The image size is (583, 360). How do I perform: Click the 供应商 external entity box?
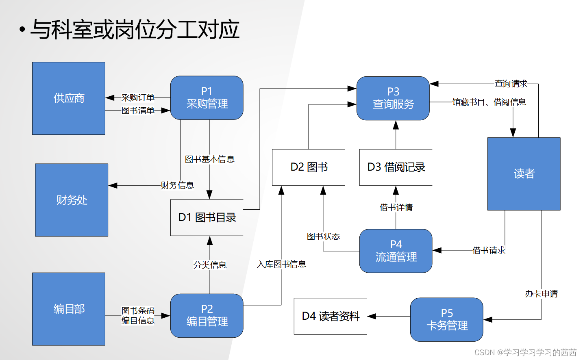(69, 98)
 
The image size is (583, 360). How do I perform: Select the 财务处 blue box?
(72, 200)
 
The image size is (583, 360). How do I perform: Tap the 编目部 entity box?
(69, 309)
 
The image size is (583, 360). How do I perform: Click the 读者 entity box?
(524, 174)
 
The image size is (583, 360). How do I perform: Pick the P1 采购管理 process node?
(207, 98)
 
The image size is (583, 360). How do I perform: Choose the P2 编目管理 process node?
(207, 316)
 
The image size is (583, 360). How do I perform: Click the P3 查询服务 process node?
(393, 98)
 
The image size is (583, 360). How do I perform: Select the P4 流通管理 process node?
(396, 251)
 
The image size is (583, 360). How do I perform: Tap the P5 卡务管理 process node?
(446, 319)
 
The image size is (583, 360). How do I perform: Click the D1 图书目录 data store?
(207, 217)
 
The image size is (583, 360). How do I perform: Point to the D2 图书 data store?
(309, 167)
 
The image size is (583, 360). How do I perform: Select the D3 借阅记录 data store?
(396, 167)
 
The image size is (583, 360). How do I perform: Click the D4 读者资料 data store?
(330, 316)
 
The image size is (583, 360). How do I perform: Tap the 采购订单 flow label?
(138, 98)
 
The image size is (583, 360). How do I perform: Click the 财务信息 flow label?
(177, 185)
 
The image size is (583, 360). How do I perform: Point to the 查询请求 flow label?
(511, 84)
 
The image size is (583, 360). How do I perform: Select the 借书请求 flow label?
(489, 250)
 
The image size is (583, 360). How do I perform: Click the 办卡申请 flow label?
(541, 294)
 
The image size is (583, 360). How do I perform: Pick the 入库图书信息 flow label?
(281, 264)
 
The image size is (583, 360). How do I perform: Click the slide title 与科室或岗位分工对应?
(135, 30)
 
